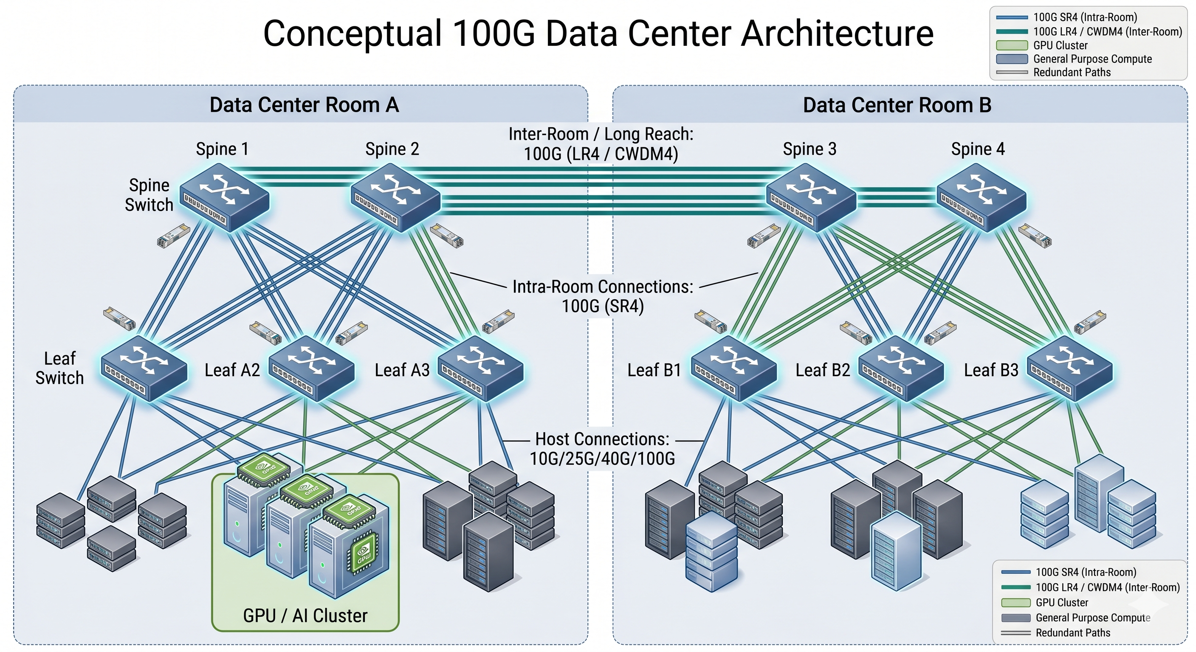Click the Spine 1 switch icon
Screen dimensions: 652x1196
point(224,198)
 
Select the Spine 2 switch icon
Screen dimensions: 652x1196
point(395,198)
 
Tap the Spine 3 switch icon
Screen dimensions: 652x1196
point(811,198)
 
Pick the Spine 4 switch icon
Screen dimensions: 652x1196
point(982,198)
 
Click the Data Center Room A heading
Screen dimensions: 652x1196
point(304,105)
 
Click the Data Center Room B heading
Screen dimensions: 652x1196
point(897,105)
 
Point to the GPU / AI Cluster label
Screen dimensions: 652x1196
point(305,616)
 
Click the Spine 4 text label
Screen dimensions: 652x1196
point(978,149)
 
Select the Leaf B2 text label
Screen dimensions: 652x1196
point(823,370)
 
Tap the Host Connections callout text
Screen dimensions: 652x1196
point(602,449)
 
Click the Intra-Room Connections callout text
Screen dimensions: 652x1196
point(603,296)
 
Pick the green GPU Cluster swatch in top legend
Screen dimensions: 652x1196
point(1012,45)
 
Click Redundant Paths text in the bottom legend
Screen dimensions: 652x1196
point(1072,632)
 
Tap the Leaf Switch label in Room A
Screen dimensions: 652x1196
point(59,368)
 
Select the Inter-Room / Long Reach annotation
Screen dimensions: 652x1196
point(601,144)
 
